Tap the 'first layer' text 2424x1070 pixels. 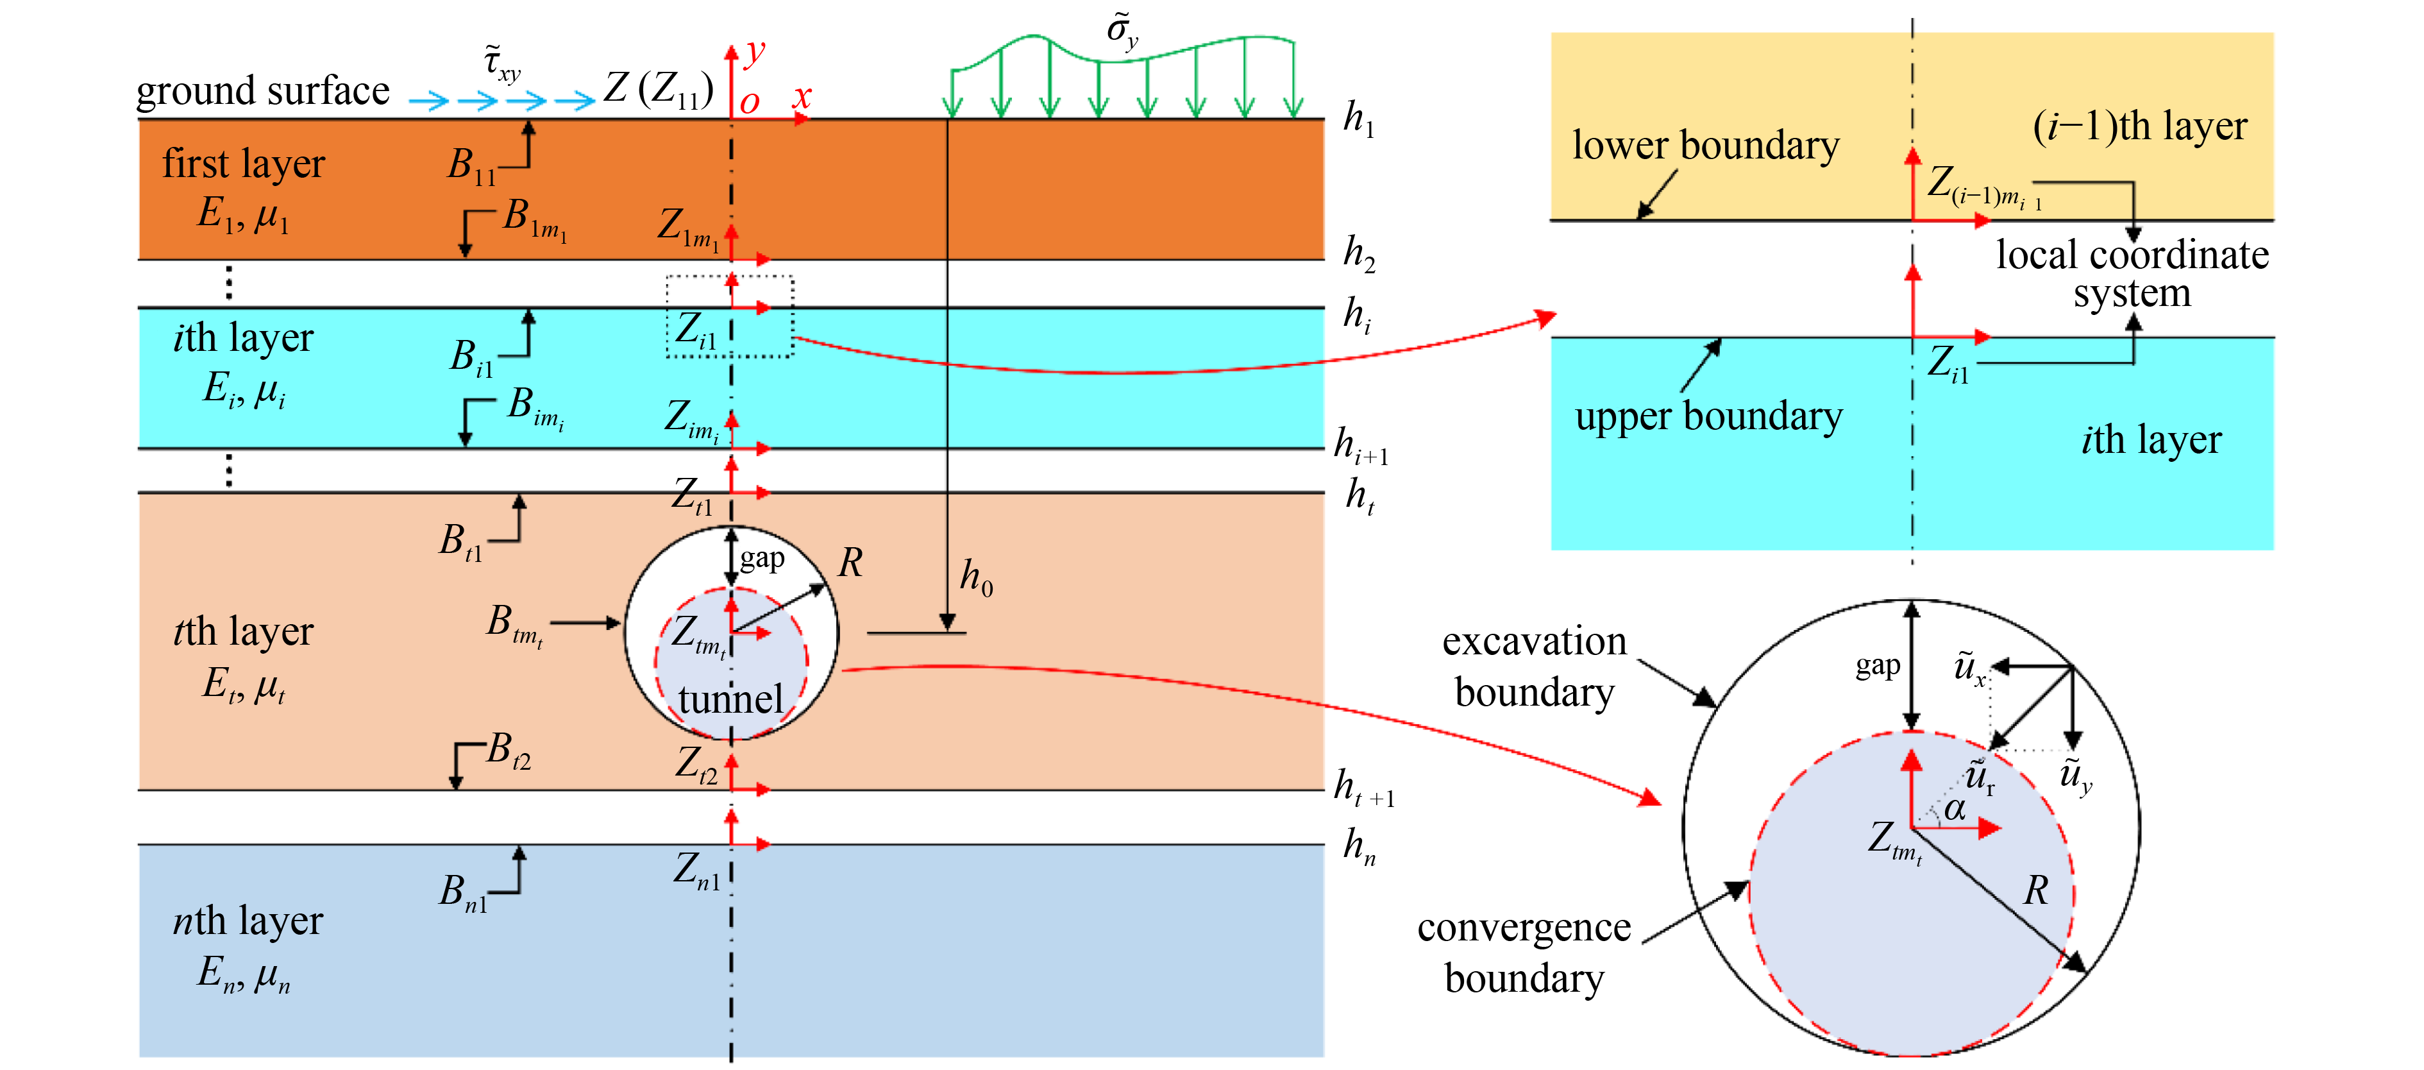tap(243, 164)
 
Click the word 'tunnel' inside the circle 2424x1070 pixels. tap(730, 699)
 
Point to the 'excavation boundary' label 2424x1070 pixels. tap(1534, 667)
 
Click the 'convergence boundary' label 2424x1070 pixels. tap(1524, 953)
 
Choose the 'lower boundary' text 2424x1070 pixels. tap(1705, 146)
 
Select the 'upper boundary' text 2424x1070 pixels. tap(1709, 416)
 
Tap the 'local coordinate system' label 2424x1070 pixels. tap(2132, 273)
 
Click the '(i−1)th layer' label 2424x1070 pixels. tap(2140, 126)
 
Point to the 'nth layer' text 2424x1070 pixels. tap(248, 921)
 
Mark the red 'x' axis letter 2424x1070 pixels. tap(802, 97)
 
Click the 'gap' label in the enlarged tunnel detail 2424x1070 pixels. tap(1877, 667)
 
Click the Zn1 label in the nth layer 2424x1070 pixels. tap(696, 870)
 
